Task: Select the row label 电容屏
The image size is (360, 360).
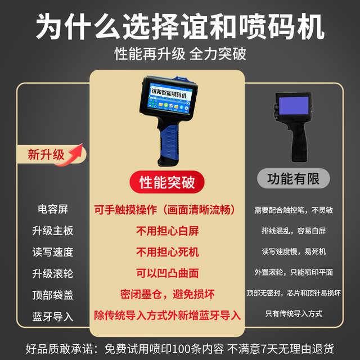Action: [x=52, y=210]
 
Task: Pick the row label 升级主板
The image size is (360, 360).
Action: [x=52, y=231]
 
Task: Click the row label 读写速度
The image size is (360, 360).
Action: [x=52, y=252]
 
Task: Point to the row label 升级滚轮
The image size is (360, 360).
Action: [x=52, y=273]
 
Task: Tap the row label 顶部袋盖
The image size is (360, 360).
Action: [x=52, y=295]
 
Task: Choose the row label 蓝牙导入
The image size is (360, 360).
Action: [x=52, y=316]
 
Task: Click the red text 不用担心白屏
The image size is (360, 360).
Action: [x=167, y=231]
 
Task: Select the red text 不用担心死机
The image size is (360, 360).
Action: [x=167, y=252]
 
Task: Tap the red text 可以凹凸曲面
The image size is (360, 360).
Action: [x=167, y=273]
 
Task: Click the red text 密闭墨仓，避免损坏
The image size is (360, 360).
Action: [x=167, y=294]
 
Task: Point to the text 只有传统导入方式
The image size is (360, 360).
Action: [x=293, y=314]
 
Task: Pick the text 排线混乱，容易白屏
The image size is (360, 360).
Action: [x=293, y=231]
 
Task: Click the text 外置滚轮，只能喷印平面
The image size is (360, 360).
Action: [x=293, y=272]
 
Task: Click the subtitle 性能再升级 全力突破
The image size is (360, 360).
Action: [x=180, y=54]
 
